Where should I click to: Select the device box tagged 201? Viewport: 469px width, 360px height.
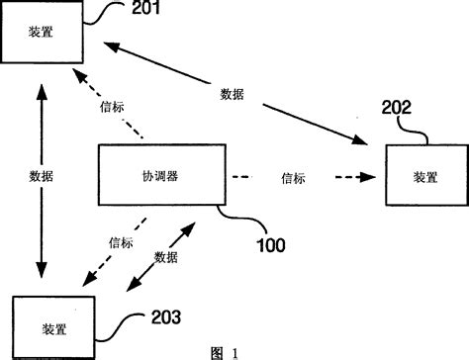(x=44, y=34)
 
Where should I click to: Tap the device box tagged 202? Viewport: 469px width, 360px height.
(x=425, y=176)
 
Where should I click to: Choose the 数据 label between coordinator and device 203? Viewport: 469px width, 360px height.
(x=166, y=256)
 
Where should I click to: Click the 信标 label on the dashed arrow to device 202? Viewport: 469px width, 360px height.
(x=294, y=178)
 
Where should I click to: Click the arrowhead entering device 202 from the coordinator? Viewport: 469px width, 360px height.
(x=368, y=178)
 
